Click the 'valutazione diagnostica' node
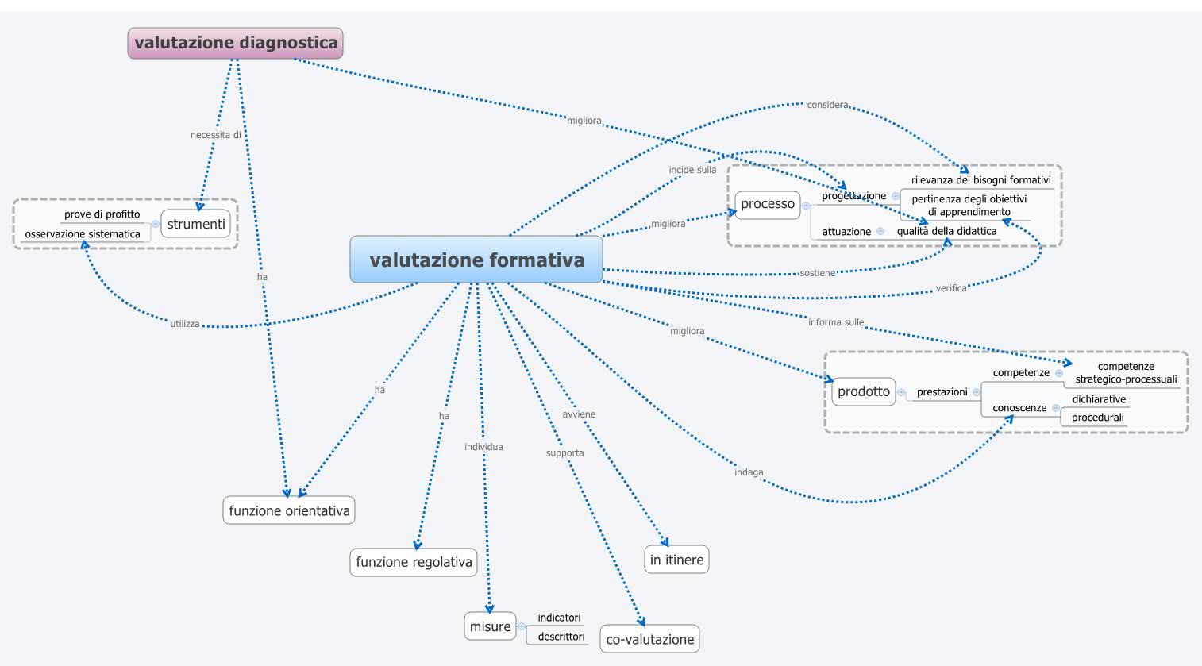(236, 43)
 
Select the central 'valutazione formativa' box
(476, 260)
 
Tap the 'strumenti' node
(196, 224)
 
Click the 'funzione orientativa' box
(289, 510)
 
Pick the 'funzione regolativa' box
(414, 562)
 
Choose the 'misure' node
(490, 626)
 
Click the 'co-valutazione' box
(649, 639)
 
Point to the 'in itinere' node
(676, 560)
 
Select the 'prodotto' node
(864, 391)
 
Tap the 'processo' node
(767, 204)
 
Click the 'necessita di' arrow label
(215, 135)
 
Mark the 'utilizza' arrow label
(184, 324)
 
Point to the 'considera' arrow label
(827, 105)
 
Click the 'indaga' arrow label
(749, 472)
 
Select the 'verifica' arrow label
(950, 288)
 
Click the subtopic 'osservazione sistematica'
(83, 234)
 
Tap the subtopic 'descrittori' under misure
(561, 637)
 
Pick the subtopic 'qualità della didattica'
(946, 231)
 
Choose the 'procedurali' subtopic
(1097, 418)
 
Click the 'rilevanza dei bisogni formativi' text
(980, 180)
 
